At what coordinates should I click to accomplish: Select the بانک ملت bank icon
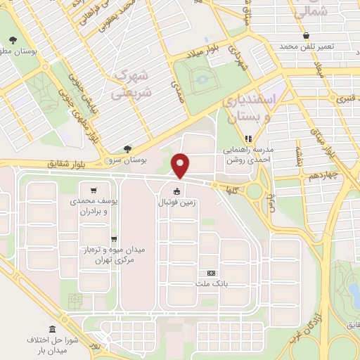(210, 273)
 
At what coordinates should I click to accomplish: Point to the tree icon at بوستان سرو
(127, 149)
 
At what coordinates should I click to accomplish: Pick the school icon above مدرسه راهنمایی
(247, 139)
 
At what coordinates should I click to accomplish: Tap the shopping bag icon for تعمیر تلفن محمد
(306, 36)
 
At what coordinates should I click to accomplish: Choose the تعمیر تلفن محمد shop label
(324, 46)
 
